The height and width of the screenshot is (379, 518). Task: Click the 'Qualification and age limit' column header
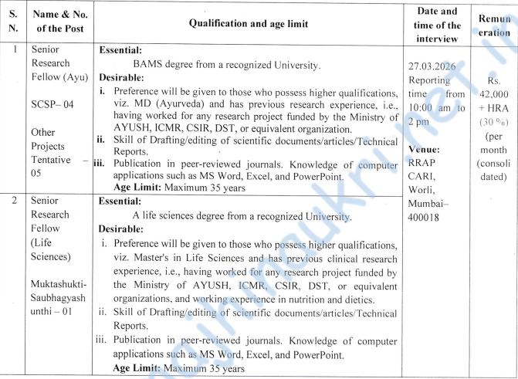pos(248,24)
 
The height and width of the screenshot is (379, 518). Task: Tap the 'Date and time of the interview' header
pos(436,24)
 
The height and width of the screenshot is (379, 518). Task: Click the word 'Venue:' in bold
pos(425,149)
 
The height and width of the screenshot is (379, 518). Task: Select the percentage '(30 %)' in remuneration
pos(493,122)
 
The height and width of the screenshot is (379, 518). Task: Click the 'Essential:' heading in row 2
pos(121,201)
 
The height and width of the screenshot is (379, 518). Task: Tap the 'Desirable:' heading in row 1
pos(121,78)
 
